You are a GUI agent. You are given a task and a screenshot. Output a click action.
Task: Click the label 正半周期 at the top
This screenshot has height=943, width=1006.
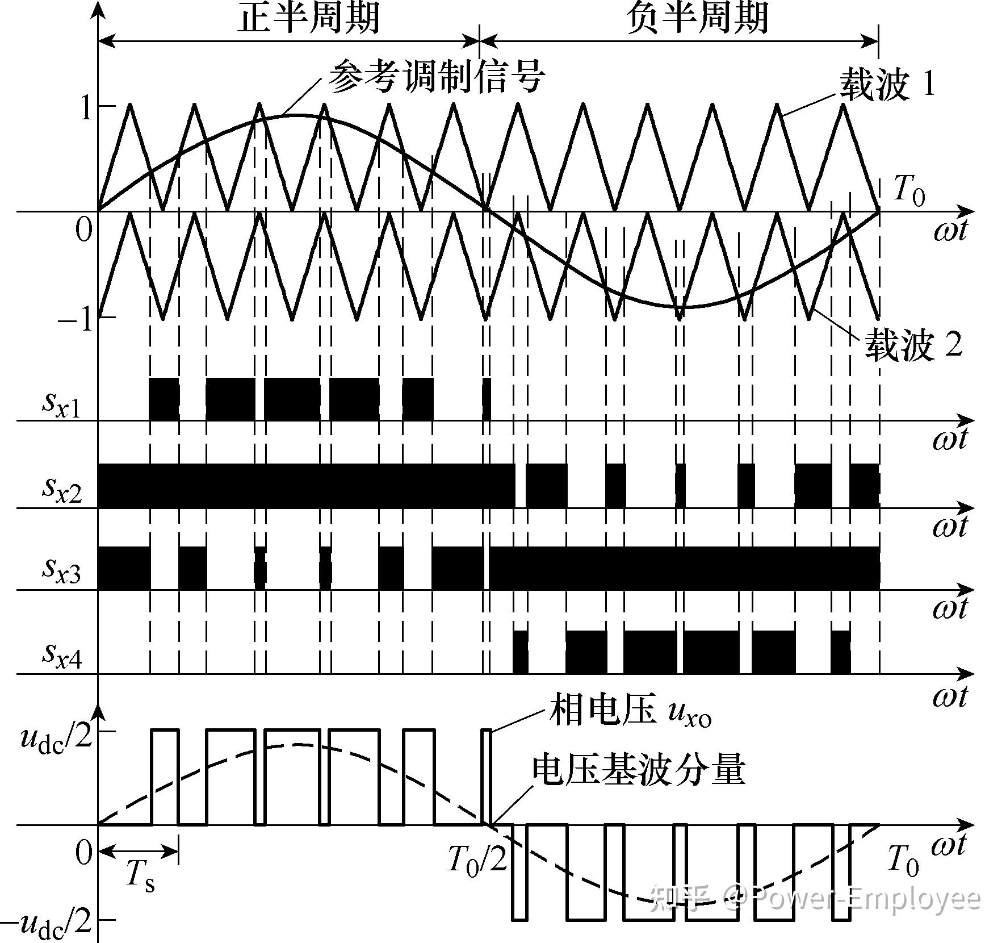(308, 17)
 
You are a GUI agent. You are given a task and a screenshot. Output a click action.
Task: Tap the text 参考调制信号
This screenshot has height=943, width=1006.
(437, 77)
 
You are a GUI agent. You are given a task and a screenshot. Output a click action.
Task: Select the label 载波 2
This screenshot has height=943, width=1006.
(913, 345)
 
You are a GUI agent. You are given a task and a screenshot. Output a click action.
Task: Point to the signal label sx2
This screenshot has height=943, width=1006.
(62, 489)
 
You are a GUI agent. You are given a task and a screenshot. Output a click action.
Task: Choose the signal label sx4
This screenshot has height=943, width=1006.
(62, 654)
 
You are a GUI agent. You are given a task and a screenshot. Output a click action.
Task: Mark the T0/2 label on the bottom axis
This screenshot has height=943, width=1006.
(477, 861)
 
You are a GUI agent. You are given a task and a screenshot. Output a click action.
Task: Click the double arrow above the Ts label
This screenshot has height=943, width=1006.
(139, 850)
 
